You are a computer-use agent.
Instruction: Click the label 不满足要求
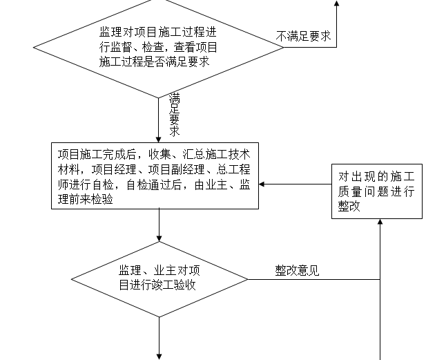(303, 36)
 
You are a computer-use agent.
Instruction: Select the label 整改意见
(297, 271)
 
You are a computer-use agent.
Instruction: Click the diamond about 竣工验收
(159, 278)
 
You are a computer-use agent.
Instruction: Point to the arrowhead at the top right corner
(337, 4)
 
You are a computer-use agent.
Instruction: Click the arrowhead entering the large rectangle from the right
(263, 184)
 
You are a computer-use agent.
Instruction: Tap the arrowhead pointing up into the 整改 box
(380, 222)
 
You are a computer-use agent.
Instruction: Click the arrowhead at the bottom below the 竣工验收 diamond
(159, 355)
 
